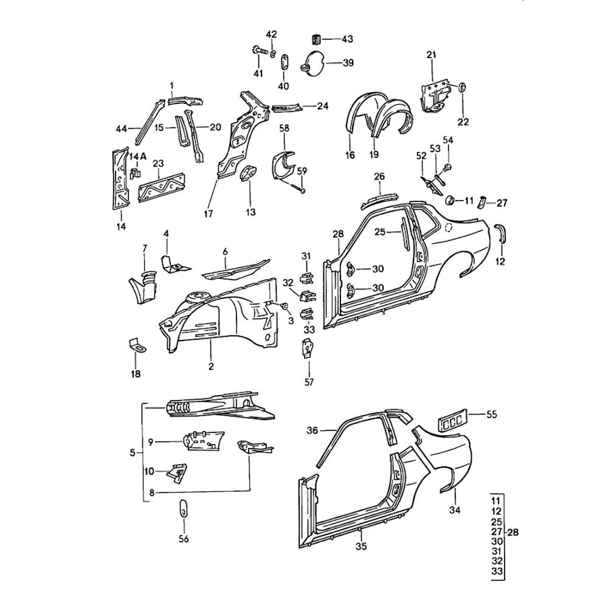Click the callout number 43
point(347,40)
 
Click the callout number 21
point(432,56)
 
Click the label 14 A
point(138,156)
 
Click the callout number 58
point(284,128)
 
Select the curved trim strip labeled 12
point(501,233)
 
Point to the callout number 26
point(379,176)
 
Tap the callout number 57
point(309,382)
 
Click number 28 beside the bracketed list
point(513,533)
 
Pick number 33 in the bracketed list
point(497,572)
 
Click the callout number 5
point(133,452)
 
